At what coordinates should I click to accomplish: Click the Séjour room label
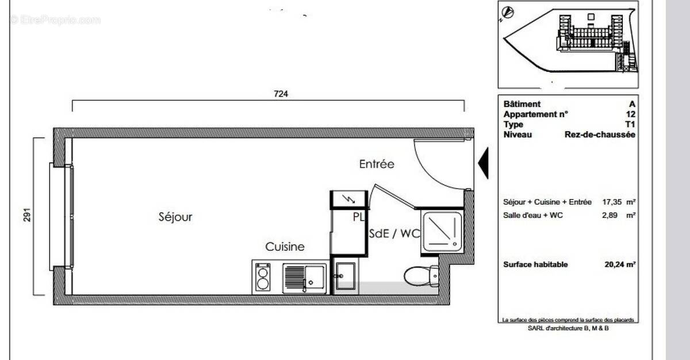(x=175, y=217)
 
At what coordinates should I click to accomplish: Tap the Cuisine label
(x=285, y=247)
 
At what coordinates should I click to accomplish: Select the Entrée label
(x=377, y=164)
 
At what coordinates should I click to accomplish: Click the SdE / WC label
(x=394, y=234)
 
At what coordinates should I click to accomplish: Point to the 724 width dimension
(x=280, y=94)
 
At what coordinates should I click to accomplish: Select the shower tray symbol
(x=442, y=232)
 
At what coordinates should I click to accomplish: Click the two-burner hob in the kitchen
(x=263, y=277)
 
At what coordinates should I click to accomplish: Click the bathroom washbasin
(x=346, y=277)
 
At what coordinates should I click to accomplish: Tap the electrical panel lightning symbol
(x=348, y=199)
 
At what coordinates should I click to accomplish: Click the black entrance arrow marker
(x=484, y=163)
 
